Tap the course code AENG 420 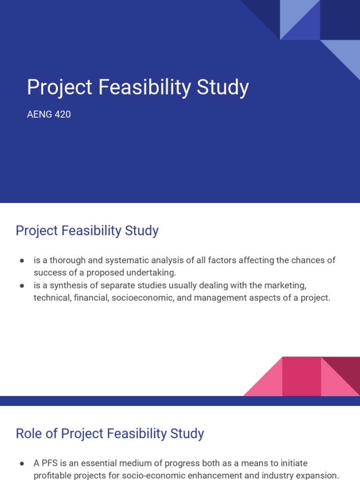(x=49, y=114)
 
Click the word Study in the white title (x=223, y=88)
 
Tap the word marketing (x=285, y=285)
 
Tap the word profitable (x=53, y=475)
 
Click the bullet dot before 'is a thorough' (x=22, y=261)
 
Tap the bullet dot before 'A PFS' (x=22, y=464)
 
